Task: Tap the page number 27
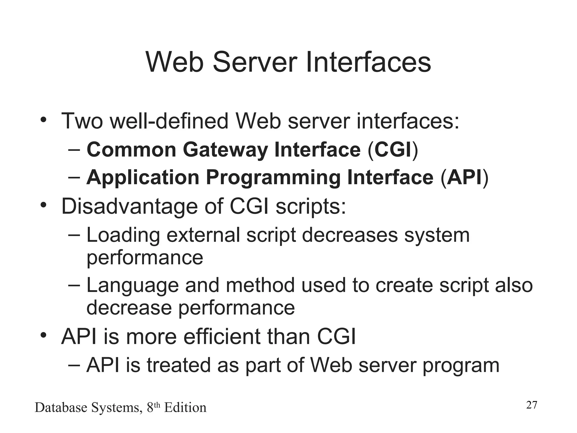(532, 405)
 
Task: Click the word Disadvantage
(130, 206)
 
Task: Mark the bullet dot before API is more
(43, 336)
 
